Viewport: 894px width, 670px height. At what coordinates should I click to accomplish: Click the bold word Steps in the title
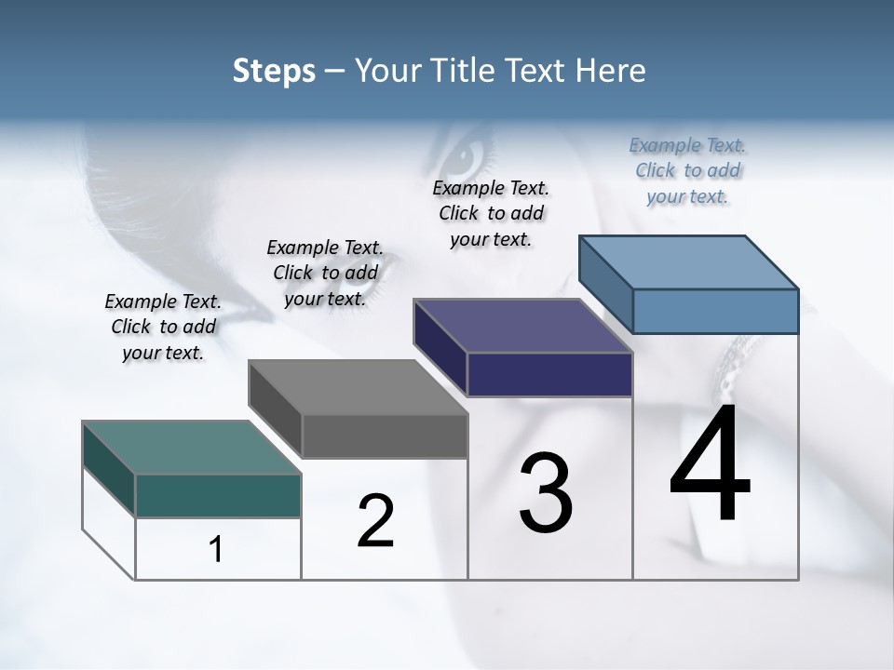point(274,71)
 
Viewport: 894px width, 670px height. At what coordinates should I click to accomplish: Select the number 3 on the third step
point(546,493)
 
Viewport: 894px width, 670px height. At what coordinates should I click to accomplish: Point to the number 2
point(376,521)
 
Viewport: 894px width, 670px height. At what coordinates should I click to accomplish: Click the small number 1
point(216,550)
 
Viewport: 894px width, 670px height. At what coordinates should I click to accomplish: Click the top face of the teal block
point(191,448)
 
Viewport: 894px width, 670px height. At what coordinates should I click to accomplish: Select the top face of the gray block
point(358,387)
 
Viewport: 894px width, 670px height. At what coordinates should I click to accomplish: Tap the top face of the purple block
point(523,326)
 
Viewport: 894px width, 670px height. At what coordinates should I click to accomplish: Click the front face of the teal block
point(218,495)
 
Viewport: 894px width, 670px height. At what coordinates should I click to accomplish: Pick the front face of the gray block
point(385,435)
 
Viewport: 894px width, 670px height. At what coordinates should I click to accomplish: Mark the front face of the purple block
point(549,374)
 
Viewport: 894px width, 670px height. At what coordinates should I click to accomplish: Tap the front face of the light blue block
point(715,311)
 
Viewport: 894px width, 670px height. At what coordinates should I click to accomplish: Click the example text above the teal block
point(163,327)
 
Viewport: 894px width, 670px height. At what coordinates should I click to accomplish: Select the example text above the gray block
point(325,273)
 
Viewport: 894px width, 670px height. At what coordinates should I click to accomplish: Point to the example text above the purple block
point(491,213)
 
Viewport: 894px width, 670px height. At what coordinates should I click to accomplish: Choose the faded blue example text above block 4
point(687,170)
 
